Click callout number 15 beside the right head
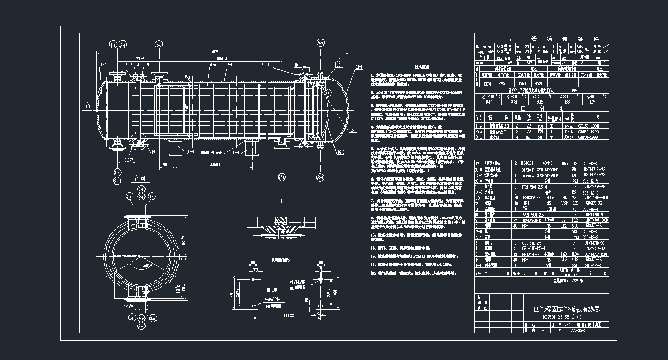[x=352, y=130]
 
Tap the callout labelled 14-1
[x=360, y=67]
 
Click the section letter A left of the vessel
[x=86, y=105]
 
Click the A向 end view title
[x=140, y=178]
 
